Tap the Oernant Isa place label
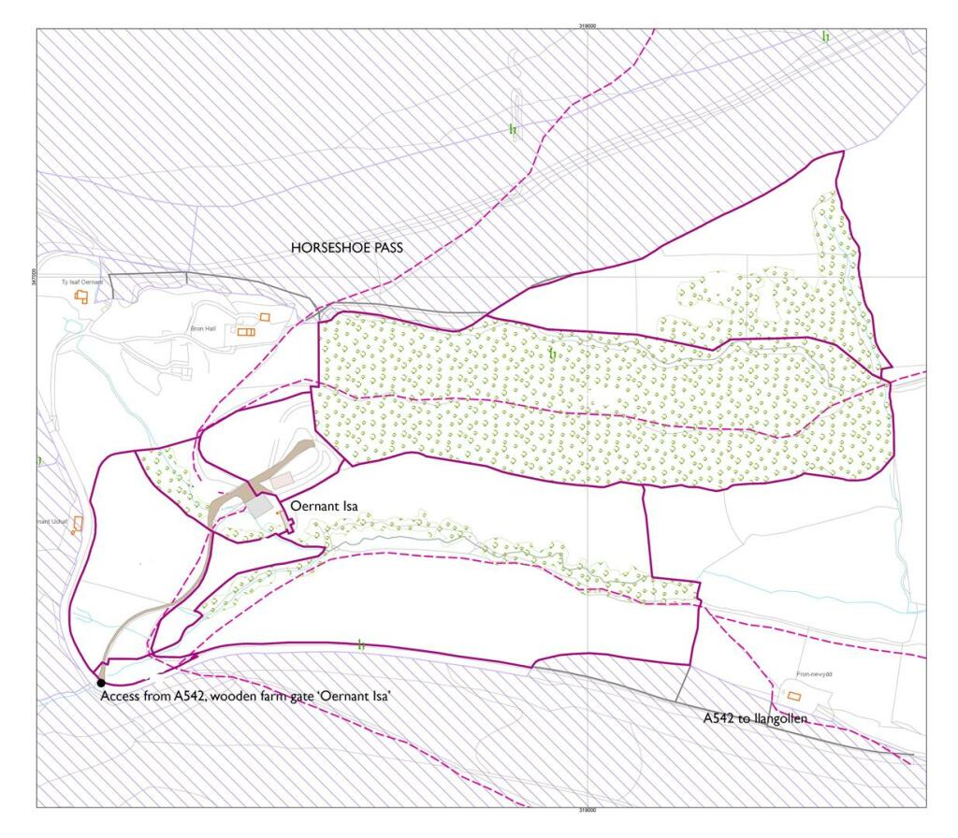pos(325,506)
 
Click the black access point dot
pos(101,684)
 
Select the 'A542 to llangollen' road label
pos(756,718)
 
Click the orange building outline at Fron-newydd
pos(794,696)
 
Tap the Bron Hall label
pos(203,329)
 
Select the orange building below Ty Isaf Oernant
pos(81,296)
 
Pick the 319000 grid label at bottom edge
pos(588,811)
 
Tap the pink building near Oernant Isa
pos(282,479)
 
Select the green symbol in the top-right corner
pos(825,36)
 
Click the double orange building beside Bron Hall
pos(246,331)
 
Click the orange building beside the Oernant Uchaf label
pos(78,523)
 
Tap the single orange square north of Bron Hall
pos(265,317)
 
